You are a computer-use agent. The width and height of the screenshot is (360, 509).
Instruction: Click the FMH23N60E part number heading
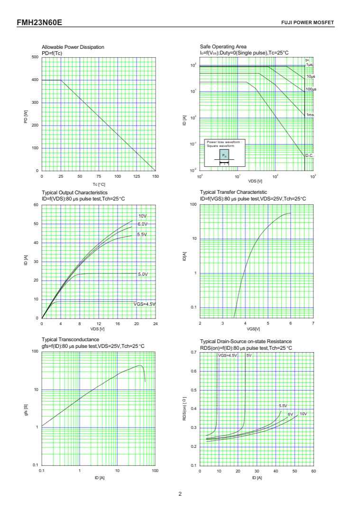point(39,22)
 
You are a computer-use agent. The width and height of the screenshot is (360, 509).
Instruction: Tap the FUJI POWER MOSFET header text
point(307,23)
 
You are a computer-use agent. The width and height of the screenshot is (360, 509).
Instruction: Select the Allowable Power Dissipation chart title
point(73,47)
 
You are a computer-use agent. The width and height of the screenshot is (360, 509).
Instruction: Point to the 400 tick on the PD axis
point(35,80)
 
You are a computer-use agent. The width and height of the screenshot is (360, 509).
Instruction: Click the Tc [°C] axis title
point(99,184)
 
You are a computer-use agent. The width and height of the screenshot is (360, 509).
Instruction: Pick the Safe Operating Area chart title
point(223,47)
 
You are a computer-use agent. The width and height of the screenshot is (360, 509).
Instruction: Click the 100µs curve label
point(311,89)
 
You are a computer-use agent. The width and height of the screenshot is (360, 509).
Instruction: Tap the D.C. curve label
point(309,155)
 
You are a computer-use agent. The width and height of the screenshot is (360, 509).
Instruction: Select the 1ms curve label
point(310,115)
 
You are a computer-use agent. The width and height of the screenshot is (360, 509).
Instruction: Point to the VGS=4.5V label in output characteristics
point(144,304)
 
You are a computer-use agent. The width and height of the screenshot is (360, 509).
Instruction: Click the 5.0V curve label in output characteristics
point(143,274)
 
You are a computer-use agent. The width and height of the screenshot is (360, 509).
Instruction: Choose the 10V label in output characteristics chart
point(142,216)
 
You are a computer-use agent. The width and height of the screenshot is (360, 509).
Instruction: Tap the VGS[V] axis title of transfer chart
point(253,329)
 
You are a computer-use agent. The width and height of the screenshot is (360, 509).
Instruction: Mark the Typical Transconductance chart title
point(70,339)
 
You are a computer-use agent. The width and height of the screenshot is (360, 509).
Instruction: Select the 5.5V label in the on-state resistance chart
point(283,406)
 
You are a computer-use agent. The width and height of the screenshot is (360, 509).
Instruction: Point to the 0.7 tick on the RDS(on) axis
point(193,352)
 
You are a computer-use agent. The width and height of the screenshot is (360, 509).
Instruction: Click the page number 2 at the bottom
point(180,494)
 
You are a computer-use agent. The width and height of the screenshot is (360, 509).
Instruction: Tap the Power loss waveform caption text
point(224,144)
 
